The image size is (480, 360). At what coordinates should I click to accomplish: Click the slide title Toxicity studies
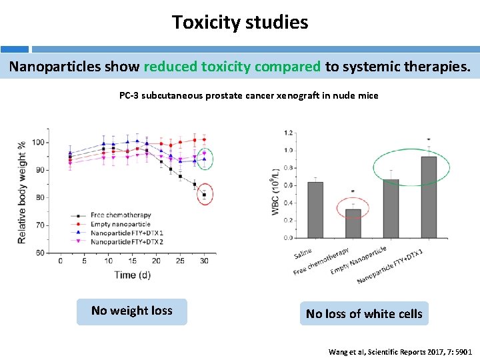(240, 23)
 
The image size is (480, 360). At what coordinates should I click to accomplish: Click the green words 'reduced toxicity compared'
(232, 67)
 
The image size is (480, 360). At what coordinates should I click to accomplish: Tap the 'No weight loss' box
(131, 311)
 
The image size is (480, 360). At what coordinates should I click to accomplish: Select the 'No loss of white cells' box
(364, 313)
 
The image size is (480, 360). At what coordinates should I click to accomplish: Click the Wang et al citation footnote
(400, 351)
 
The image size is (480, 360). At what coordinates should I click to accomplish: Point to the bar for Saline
(315, 209)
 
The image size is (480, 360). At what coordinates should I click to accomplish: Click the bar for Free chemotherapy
(353, 223)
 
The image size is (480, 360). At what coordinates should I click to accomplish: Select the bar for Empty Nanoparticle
(391, 208)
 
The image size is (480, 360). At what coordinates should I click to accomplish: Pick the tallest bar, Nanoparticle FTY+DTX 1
(429, 197)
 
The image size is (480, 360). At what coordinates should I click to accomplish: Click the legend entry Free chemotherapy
(120, 215)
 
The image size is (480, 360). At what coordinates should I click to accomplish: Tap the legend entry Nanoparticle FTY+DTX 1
(126, 233)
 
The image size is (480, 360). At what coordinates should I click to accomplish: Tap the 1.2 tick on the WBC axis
(288, 133)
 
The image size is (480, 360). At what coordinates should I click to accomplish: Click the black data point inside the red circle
(204, 195)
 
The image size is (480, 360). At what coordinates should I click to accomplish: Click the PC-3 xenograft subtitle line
(249, 95)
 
